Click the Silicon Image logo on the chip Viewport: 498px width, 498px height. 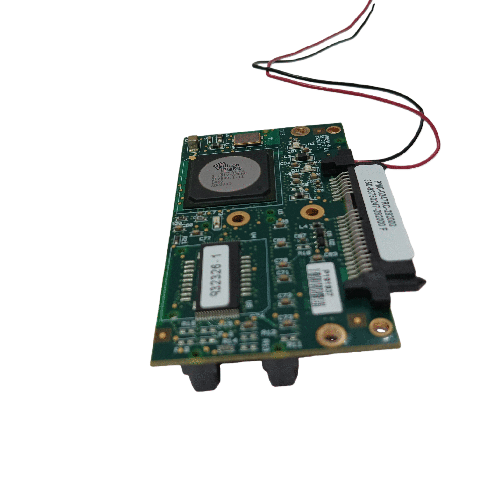tap(227, 167)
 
